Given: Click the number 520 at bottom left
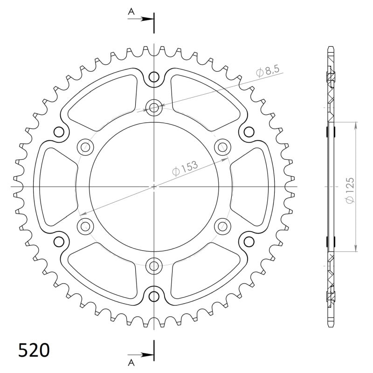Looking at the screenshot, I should click(34, 350).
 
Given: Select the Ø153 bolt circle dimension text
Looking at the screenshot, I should click(185, 168).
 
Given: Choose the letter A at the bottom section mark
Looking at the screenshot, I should click(131, 360).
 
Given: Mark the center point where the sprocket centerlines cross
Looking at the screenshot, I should click(154, 186).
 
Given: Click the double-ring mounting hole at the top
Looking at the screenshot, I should click(154, 107).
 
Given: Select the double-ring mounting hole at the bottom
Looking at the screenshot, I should click(154, 266).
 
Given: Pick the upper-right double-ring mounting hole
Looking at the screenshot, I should click(222, 147).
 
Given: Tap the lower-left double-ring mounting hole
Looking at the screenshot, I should click(85, 226).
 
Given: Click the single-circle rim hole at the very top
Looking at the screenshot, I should click(154, 77).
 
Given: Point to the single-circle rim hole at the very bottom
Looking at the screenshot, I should click(154, 296).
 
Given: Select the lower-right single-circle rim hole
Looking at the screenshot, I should click(249, 241).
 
